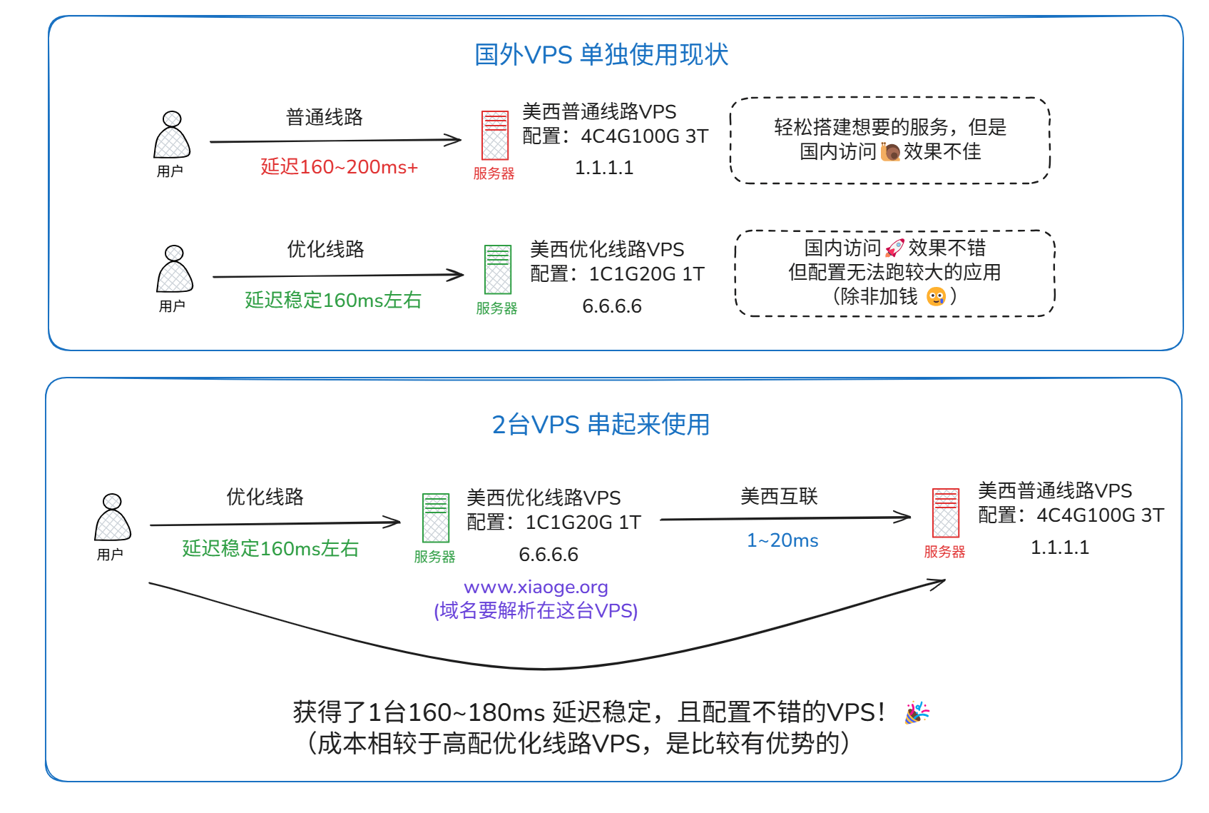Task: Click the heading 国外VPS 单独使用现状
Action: click(x=601, y=55)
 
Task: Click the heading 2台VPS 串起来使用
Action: click(x=601, y=425)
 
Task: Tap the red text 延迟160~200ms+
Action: click(x=339, y=167)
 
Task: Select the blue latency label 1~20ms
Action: click(x=782, y=541)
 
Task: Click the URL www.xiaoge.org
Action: click(x=536, y=587)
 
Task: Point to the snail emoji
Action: click(x=890, y=152)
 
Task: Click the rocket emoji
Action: click(x=894, y=248)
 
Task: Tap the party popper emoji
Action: click(x=917, y=712)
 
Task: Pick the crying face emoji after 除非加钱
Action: click(x=936, y=297)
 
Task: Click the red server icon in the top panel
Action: click(x=495, y=135)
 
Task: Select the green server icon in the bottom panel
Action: click(x=436, y=517)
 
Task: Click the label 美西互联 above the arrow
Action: click(x=779, y=497)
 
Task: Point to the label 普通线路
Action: click(x=325, y=117)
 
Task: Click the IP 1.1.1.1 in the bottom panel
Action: click(x=1060, y=547)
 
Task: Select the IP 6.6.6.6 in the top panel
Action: click(x=612, y=306)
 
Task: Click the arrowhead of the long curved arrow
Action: click(x=940, y=583)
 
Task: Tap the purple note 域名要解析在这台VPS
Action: click(x=536, y=611)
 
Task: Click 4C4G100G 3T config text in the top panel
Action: click(x=644, y=136)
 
